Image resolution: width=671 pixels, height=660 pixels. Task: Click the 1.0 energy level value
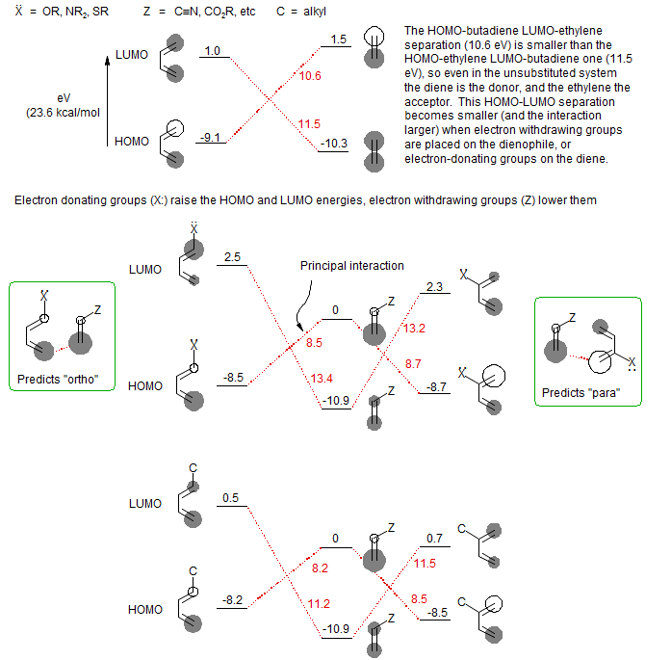[x=213, y=50]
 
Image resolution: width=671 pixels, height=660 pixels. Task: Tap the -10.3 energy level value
[x=336, y=143]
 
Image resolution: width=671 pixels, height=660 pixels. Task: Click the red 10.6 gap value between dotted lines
[x=310, y=77]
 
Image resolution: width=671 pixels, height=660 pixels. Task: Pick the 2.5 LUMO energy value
[x=232, y=257]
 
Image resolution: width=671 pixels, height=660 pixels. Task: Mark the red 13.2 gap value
[x=411, y=329]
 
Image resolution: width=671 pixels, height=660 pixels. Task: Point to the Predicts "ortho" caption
[x=60, y=380]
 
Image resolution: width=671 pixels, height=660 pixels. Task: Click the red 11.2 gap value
[x=320, y=604]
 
